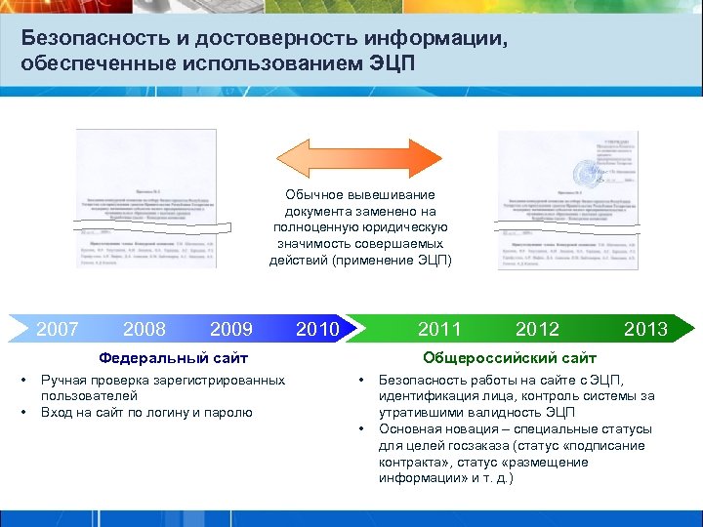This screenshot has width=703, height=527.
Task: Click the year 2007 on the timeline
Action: (57, 329)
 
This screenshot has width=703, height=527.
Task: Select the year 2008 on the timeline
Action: (145, 329)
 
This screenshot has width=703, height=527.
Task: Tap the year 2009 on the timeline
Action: (231, 329)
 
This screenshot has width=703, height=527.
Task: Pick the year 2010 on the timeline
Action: (317, 329)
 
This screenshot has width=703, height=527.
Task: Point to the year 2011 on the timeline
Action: (439, 329)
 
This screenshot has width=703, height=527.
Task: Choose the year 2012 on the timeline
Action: (537, 329)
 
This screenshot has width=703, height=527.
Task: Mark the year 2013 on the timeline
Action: (645, 329)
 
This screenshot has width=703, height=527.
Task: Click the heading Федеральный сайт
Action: (174, 358)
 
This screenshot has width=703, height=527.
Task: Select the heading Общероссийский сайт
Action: (510, 358)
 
